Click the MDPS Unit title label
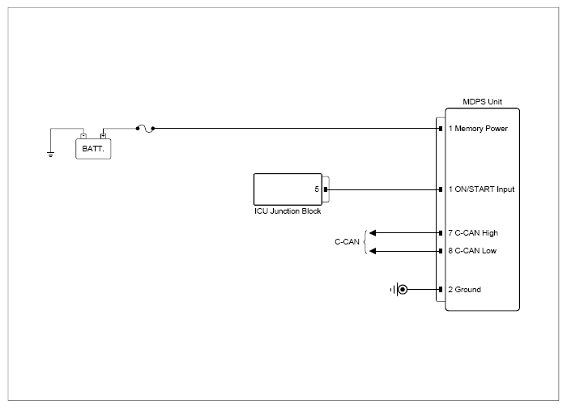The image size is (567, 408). [482, 102]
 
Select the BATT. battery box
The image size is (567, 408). [93, 149]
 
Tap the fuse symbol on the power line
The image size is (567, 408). [145, 128]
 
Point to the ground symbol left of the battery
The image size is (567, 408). [50, 155]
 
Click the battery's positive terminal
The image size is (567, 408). [103, 136]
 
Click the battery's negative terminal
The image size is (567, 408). [83, 136]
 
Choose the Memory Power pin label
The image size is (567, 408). [478, 129]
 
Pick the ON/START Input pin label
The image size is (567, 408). [481, 189]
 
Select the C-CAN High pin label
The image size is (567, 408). [473, 233]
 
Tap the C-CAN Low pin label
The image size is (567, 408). [472, 251]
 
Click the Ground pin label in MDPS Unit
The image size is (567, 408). [465, 290]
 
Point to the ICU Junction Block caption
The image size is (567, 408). [288, 211]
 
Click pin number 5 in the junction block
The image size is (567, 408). [317, 189]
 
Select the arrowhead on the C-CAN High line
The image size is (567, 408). [373, 233]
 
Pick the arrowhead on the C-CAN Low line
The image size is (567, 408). [373, 251]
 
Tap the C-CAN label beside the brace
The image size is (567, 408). [347, 242]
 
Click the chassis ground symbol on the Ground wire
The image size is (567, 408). [399, 290]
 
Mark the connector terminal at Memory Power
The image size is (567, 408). [441, 129]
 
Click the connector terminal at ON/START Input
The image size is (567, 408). [441, 189]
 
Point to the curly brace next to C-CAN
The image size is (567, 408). [364, 242]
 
